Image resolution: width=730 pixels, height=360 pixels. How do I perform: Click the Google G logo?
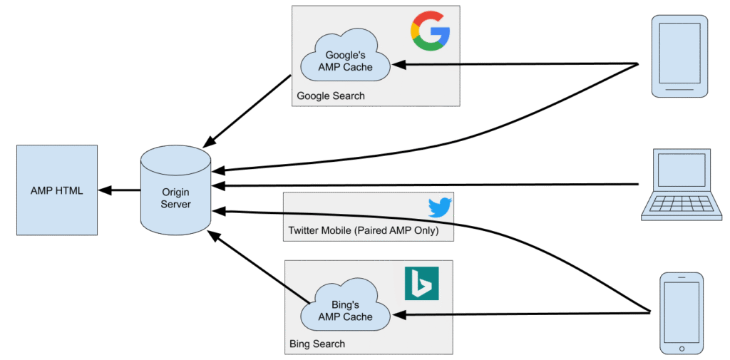pos(430,31)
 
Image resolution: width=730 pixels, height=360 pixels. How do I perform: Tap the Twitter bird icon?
pos(440,207)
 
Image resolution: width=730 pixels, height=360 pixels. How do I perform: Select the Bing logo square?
pos(421,284)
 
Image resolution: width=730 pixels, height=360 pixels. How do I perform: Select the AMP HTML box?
pos(57,190)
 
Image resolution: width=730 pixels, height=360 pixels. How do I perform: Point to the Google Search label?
pos(331,96)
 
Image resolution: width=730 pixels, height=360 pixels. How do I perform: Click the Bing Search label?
pos(317,344)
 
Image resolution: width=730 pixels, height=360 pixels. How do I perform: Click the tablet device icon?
pos(680,56)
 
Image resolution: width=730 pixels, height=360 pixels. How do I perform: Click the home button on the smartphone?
pos(682,348)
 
